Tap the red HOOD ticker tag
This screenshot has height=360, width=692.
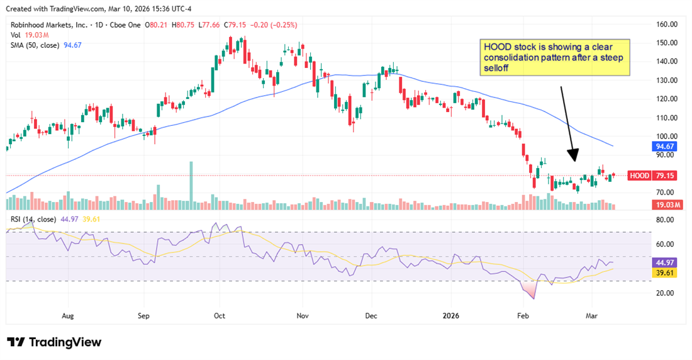[x=639, y=176]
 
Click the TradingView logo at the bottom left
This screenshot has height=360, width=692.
[x=54, y=342]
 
